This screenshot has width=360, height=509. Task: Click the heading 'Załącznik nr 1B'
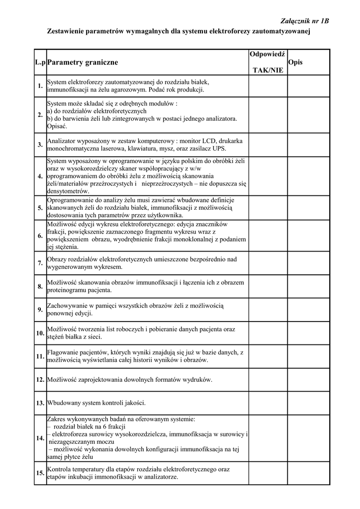[x=305, y=21]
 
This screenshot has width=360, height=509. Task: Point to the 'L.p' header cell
[x=40, y=63]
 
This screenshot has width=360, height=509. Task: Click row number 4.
[x=40, y=176]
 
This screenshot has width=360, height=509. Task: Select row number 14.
[x=40, y=438]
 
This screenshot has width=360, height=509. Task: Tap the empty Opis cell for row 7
[x=308, y=263]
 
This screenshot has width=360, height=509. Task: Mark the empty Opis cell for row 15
[x=308, y=473]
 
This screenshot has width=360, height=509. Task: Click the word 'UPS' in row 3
[x=220, y=149]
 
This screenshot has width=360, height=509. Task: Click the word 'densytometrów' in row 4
[x=68, y=191]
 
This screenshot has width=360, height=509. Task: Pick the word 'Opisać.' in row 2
[x=57, y=126]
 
